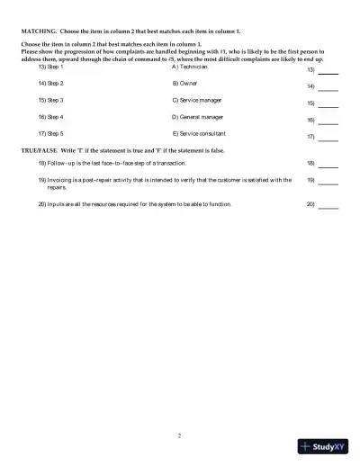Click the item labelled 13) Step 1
tap(50, 67)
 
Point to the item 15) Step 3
tap(50, 100)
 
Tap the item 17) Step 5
tap(50, 133)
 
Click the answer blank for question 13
tap(328, 70)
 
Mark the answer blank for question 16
tap(328, 120)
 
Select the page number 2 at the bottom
tap(180, 435)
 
